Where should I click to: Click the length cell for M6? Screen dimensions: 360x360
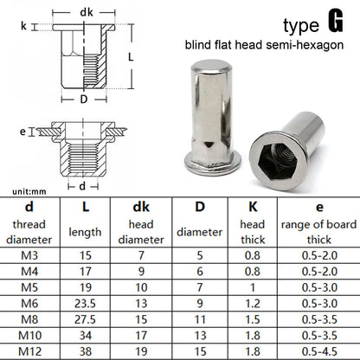85,304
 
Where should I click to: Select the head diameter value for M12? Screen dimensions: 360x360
141,351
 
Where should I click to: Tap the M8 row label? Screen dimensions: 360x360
29,319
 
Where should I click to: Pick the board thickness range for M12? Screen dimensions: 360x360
319,351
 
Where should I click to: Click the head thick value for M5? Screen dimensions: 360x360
253,287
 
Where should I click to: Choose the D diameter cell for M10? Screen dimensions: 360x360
200,336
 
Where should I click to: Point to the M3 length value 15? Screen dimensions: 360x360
85,255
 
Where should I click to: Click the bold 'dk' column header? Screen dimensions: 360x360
141,207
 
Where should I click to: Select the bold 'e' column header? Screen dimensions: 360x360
319,208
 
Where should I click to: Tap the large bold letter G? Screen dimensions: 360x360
336,21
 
